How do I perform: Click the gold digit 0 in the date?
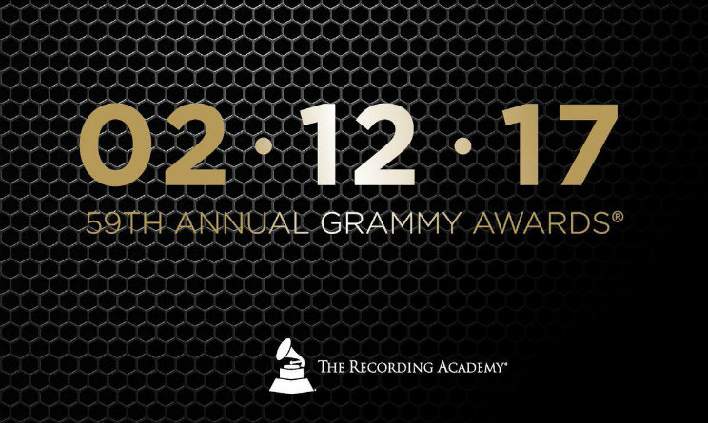(x=115, y=145)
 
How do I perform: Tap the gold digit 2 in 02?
(x=195, y=144)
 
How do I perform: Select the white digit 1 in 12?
(x=321, y=144)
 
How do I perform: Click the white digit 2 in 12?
(x=383, y=144)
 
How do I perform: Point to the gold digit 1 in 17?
(x=520, y=144)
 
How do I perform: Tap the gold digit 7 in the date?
(x=582, y=144)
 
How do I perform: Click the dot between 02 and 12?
(x=264, y=146)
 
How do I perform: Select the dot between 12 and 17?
(x=462, y=146)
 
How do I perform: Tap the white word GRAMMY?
(x=392, y=222)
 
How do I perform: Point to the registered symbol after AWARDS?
(x=618, y=217)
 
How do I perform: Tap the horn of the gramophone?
(x=286, y=351)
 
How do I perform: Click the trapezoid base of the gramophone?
(x=291, y=384)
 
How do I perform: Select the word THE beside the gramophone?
(x=332, y=366)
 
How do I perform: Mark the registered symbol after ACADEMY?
(x=504, y=362)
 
